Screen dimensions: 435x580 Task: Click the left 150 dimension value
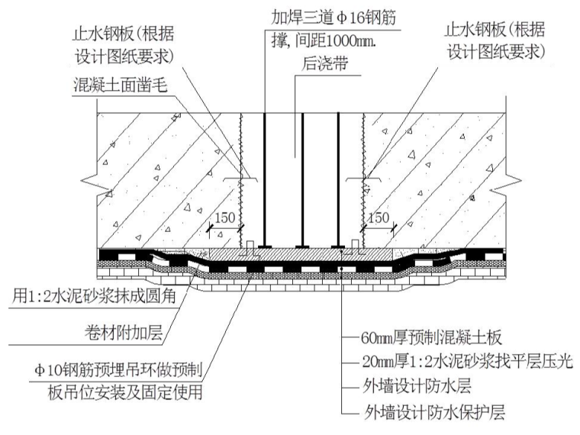(223, 218)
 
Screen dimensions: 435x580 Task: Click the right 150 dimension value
(379, 218)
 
